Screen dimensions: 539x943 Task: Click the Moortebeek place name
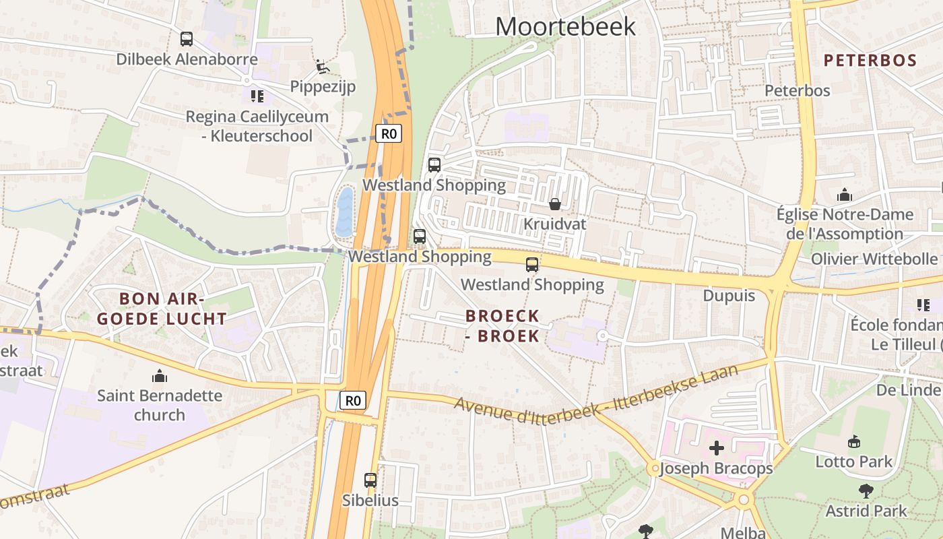565,26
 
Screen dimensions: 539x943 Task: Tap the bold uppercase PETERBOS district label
870,60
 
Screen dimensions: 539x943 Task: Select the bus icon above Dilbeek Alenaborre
187,39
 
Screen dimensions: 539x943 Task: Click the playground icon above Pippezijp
323,67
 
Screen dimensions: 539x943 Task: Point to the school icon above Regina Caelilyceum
257,96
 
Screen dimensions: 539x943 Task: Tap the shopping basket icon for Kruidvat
555,203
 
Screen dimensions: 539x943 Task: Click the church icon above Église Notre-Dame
845,195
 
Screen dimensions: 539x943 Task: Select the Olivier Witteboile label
874,259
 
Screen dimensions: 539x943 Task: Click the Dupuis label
729,296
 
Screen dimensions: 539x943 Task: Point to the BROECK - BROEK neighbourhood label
502,325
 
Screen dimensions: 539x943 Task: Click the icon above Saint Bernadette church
160,375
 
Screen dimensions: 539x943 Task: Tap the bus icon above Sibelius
370,480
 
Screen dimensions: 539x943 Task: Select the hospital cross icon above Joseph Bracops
717,447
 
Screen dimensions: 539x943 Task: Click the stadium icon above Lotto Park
854,442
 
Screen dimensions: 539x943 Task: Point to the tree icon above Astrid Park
866,491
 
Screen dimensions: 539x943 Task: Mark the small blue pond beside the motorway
344,212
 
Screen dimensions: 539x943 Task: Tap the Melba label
743,532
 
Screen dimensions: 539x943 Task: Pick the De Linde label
907,390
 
